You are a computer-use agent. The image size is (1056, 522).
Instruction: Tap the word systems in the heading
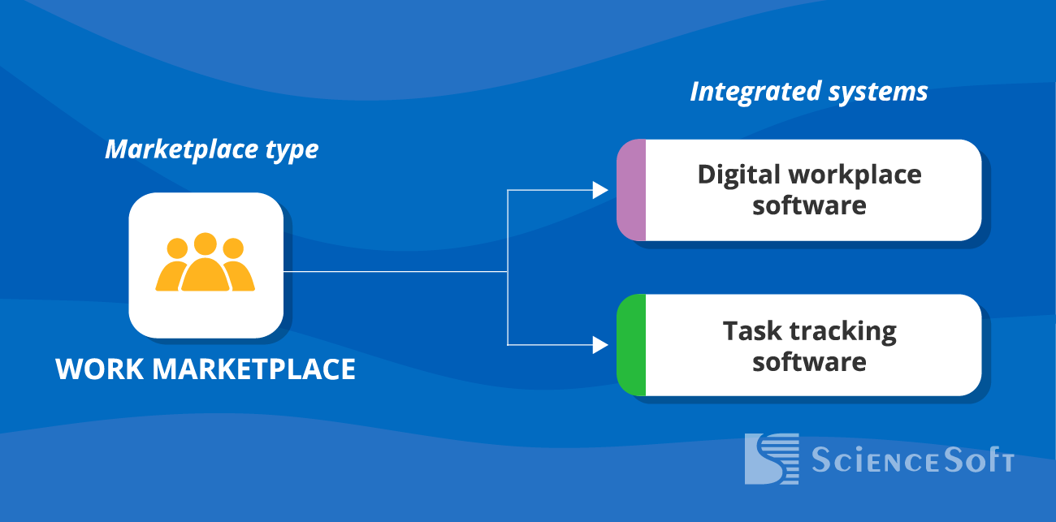[x=878, y=92]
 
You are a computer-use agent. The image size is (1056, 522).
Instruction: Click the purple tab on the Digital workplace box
[x=631, y=190]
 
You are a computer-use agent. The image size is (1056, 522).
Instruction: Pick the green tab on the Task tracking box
[x=631, y=345]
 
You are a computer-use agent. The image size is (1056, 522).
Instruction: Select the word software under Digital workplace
[x=809, y=205]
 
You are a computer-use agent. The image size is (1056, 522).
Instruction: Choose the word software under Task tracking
[x=809, y=361]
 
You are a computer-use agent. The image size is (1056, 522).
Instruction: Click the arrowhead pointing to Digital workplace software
[x=600, y=190]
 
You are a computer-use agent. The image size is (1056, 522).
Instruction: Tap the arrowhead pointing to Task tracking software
[x=600, y=345]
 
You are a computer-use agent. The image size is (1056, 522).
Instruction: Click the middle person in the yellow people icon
[x=206, y=265]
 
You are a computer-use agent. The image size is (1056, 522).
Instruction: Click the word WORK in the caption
[x=100, y=370]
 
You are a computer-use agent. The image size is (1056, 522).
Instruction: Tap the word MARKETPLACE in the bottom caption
[x=254, y=370]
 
